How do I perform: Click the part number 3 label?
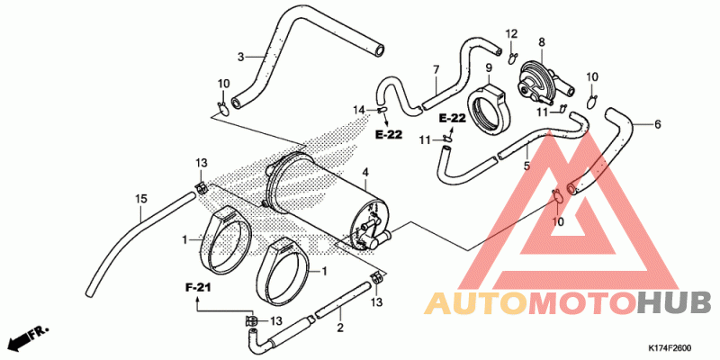[240, 57]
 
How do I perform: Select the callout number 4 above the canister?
[365, 173]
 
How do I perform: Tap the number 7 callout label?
[436, 70]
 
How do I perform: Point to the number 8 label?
[542, 42]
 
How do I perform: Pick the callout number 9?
[489, 68]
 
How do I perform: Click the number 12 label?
[511, 33]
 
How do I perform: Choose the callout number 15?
[141, 199]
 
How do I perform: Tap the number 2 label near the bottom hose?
[340, 328]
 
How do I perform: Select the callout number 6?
[658, 124]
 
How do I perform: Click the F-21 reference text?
[198, 288]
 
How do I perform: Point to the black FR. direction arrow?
[29, 337]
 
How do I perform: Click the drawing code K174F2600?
[670, 348]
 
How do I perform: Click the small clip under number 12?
[513, 58]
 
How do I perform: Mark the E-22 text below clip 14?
[389, 134]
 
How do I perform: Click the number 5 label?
[526, 166]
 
